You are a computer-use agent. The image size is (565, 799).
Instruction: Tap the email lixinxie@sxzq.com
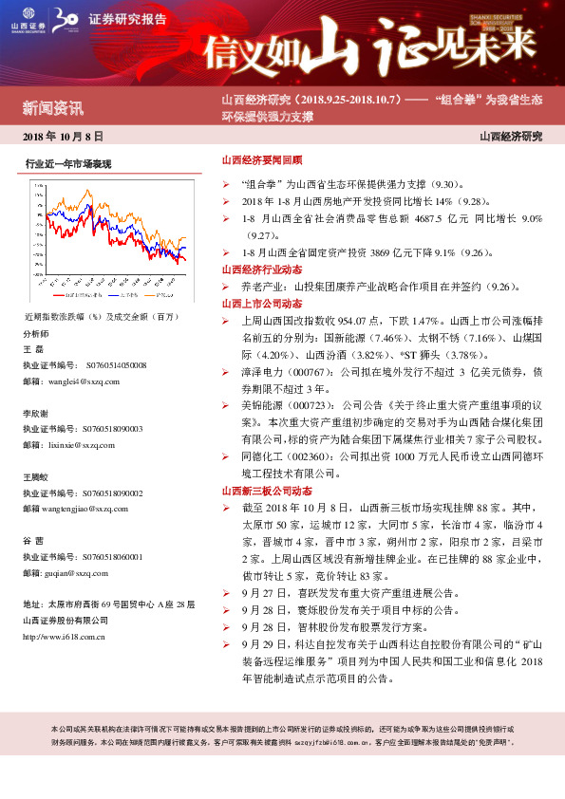(85, 444)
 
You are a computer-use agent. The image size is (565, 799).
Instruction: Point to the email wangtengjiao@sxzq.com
(92, 509)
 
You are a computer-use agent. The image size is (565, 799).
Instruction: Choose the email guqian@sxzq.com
(82, 573)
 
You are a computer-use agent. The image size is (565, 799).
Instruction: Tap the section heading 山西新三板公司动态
(267, 492)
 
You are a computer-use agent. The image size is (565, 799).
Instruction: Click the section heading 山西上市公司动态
(261, 304)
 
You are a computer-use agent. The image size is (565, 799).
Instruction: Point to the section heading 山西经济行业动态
(261, 270)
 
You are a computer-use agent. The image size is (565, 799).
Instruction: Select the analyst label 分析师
(35, 334)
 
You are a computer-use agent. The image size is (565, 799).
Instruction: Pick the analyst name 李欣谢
(36, 414)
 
